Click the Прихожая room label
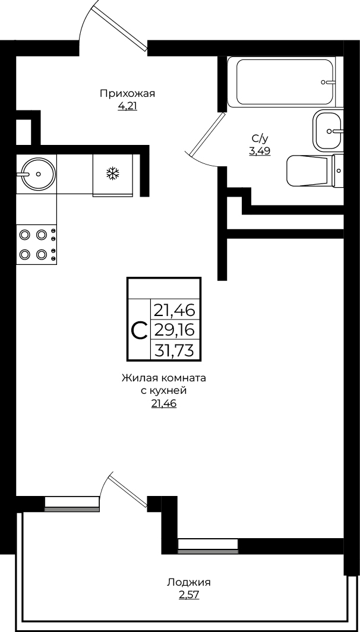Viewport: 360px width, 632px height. pos(127,94)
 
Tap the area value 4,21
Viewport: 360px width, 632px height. pos(127,107)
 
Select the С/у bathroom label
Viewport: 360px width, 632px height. pos(260,139)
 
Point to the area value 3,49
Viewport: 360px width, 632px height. pos(260,151)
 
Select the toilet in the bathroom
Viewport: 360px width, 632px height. pos(315,170)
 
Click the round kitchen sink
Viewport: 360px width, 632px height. pos(38,173)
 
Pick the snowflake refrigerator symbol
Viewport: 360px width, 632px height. pos(113,173)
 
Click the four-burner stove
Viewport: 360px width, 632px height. pos(36,245)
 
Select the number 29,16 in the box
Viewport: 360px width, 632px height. pos(175,330)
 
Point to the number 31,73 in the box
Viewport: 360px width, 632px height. pos(175,350)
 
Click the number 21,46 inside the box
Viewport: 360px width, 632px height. pos(175,311)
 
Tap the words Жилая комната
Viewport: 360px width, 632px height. pos(164,378)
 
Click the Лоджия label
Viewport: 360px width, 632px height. pos(189,583)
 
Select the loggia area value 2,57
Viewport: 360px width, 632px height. pos(189,595)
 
